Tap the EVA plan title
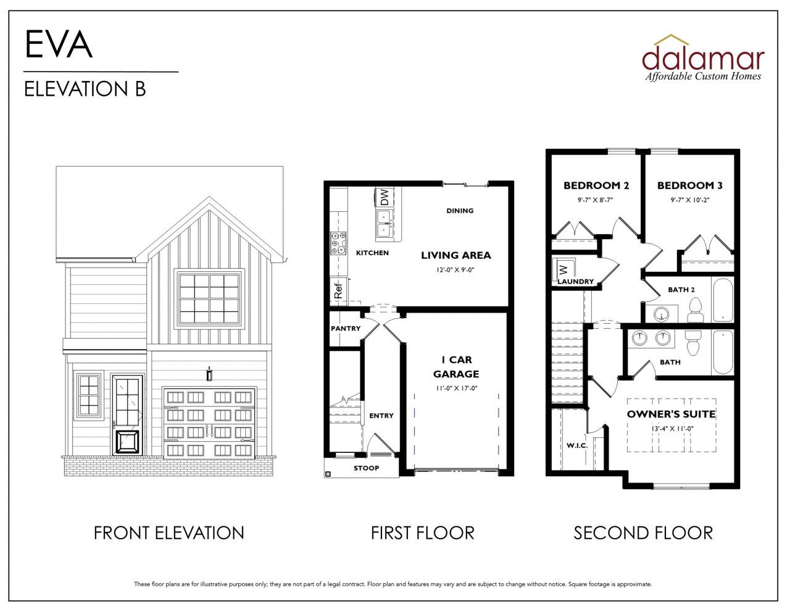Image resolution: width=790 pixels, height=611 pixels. tap(59, 44)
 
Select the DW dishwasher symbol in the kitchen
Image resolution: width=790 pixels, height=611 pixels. tap(384, 198)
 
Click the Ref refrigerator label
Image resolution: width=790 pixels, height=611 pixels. tap(338, 290)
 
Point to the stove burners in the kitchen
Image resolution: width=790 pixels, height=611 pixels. tap(338, 243)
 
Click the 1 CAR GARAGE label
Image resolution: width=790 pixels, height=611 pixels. tap(455, 366)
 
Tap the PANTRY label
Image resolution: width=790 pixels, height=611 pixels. tap(345, 328)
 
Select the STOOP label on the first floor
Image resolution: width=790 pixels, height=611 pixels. tap(366, 468)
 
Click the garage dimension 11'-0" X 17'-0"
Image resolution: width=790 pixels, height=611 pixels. tap(455, 388)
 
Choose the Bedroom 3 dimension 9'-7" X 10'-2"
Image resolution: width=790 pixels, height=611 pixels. tap(689, 200)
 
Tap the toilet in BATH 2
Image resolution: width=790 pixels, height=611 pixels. tap(696, 310)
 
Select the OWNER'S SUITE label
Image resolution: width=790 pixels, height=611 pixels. tap(671, 414)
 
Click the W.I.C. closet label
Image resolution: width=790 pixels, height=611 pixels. tap(576, 445)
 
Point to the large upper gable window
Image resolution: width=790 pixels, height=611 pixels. tap(209, 298)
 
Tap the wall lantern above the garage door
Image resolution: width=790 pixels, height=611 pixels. tap(209, 374)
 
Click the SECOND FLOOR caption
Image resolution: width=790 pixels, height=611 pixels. tap(642, 533)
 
